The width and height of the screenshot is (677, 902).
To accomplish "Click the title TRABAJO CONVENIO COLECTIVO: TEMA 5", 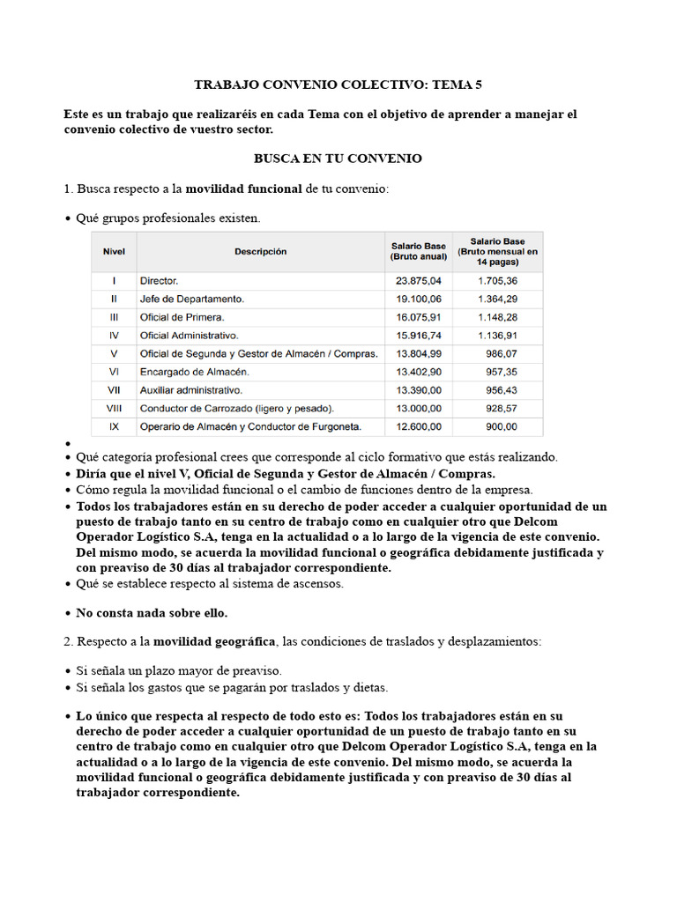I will (x=338, y=85).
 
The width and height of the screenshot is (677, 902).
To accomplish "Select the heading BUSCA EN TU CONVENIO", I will (x=338, y=159).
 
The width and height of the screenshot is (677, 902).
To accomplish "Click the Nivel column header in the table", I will (x=114, y=251).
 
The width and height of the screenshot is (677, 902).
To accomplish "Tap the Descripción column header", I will (x=260, y=251).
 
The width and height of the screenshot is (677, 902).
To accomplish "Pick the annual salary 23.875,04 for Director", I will (x=419, y=281).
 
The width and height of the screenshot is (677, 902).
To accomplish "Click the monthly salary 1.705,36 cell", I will (x=498, y=281).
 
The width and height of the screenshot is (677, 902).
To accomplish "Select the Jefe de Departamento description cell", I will (x=192, y=299).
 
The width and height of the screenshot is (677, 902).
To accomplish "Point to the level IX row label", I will (x=114, y=426).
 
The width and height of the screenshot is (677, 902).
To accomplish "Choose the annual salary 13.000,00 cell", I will (x=419, y=408).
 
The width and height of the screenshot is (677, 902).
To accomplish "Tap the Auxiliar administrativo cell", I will (x=191, y=389).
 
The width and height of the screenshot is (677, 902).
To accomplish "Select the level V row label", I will (x=114, y=353).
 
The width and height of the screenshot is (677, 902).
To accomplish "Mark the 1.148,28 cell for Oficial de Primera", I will (x=498, y=317).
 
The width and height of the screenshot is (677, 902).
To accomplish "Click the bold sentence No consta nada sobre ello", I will (x=152, y=613).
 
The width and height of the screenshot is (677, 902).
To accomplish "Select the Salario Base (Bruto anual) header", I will (x=418, y=251).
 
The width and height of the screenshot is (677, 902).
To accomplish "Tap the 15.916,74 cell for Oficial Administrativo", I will (x=419, y=336).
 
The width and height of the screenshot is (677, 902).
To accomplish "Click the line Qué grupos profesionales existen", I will (x=168, y=218).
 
